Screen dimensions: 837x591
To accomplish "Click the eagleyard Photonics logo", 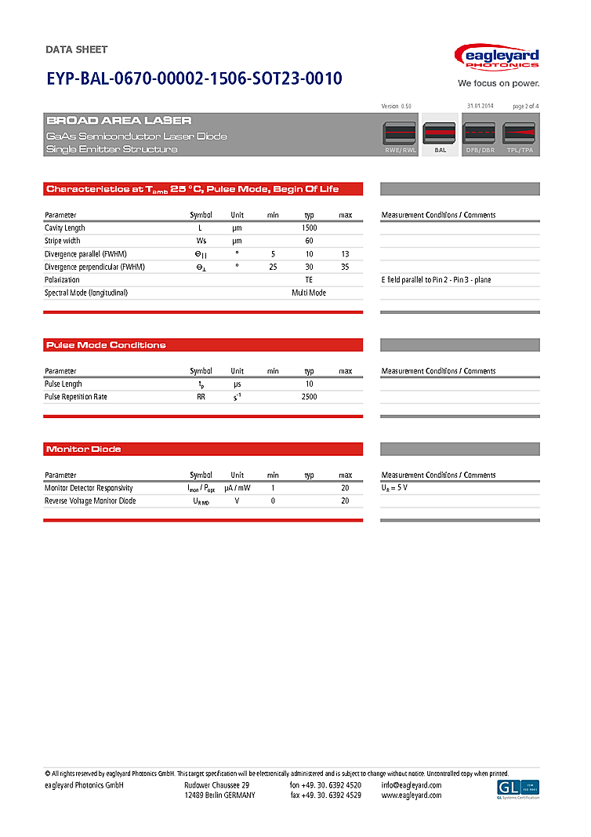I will (x=497, y=57).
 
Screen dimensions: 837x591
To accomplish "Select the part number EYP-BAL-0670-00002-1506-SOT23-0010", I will (x=194, y=79).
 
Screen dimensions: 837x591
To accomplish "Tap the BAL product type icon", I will (x=440, y=134).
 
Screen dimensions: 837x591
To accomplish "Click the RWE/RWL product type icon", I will (x=400, y=134).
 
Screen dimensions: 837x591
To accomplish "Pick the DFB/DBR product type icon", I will (x=480, y=134).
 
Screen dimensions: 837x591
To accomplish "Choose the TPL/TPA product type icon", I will (x=519, y=134).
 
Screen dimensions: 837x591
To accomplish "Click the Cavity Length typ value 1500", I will (x=309, y=227).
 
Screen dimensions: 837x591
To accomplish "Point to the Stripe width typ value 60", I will (x=309, y=241).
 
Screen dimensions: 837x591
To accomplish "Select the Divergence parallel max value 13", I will (x=345, y=254).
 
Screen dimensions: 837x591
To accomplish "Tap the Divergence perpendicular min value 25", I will (x=273, y=267).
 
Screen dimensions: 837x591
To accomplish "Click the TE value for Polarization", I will (x=309, y=280).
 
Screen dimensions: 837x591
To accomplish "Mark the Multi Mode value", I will (x=309, y=293).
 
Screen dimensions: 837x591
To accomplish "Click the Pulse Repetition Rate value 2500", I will (x=309, y=397).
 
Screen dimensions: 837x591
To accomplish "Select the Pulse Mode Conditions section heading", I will (x=107, y=345).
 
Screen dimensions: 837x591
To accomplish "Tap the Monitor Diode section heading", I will (x=84, y=449).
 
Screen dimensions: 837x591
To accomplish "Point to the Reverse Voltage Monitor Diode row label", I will (x=90, y=500).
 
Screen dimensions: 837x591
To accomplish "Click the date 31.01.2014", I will (x=480, y=105).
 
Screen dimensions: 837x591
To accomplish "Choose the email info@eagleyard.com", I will (x=412, y=785).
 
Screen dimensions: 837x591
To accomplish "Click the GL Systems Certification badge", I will (x=518, y=789).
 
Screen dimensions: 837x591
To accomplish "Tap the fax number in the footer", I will (x=325, y=795).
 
